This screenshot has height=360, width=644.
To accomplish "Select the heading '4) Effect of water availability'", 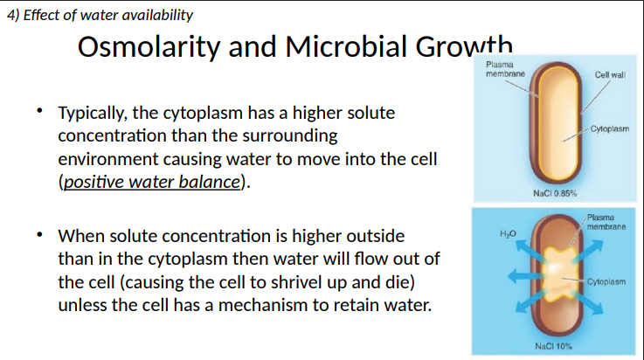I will coord(99,15).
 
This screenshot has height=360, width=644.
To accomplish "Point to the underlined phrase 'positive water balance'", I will coord(151,183).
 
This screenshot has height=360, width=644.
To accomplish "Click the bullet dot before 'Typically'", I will coord(39,112).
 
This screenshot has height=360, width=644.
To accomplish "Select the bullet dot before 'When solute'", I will coord(39,235).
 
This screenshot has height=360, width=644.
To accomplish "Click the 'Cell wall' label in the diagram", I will coord(609,75).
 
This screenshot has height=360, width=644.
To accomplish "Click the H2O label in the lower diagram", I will coord(507,233).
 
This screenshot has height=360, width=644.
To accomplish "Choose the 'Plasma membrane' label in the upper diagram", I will coord(504,69).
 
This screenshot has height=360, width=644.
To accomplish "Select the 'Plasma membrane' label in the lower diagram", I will coord(606,221).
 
